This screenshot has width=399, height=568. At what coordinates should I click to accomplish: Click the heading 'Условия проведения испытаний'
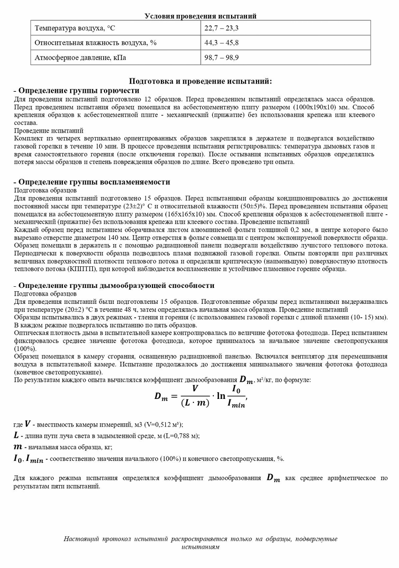coord(200,16)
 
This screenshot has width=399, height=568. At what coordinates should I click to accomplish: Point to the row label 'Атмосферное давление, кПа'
coord(81,57)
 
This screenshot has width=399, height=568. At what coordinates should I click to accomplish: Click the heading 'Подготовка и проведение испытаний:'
coord(200,81)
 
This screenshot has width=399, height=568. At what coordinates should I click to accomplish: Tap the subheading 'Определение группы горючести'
coord(78,90)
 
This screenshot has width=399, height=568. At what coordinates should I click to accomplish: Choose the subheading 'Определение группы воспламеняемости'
coord(94,182)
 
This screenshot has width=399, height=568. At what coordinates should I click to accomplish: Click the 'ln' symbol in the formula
coord(219,396)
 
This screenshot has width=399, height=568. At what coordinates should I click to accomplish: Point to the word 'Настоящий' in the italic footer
coord(80,539)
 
